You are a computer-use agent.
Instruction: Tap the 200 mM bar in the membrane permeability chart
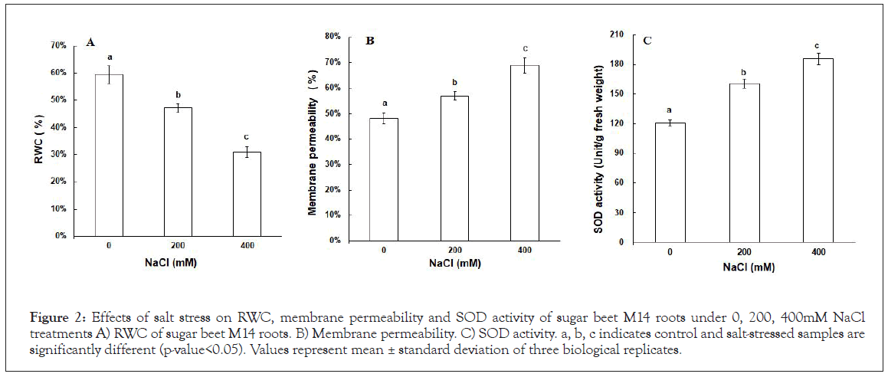[454, 168]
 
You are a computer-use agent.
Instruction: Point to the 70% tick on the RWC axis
[57, 46]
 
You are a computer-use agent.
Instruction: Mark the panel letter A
[90, 42]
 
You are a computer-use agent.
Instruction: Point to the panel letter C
[647, 40]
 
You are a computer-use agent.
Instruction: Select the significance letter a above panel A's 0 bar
[110, 57]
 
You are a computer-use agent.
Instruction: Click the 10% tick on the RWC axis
[57, 209]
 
